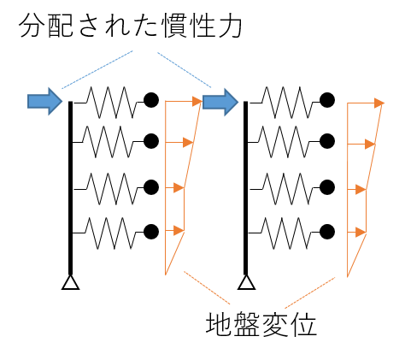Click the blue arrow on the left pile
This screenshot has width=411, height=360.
pyautogui.click(x=44, y=101)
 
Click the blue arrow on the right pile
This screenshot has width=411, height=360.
pyautogui.click(x=220, y=102)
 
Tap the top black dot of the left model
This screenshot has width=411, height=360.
pyautogui.click(x=151, y=100)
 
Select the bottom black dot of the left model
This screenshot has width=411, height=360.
pyautogui.click(x=151, y=232)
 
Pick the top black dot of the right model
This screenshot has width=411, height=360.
pyautogui.click(x=327, y=100)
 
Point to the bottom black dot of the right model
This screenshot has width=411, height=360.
pyautogui.click(x=327, y=232)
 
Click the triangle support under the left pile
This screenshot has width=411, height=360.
pyautogui.click(x=71, y=282)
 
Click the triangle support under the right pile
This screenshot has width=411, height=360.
pyautogui.click(x=246, y=282)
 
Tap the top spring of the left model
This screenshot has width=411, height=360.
pyautogui.click(x=109, y=102)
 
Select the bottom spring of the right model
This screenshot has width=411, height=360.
pyautogui.click(x=284, y=233)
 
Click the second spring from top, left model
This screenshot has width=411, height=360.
pyautogui.click(x=109, y=142)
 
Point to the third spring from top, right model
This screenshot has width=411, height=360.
pyautogui.click(x=285, y=188)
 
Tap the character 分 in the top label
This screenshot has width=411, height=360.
pyautogui.click(x=31, y=27)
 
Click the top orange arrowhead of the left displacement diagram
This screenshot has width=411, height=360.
pyautogui.click(x=197, y=101)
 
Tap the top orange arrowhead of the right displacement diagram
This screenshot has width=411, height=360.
pyautogui.click(x=379, y=103)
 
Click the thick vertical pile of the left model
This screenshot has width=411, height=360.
pyautogui.click(x=71, y=188)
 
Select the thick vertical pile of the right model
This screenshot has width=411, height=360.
pyautogui.click(x=246, y=188)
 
